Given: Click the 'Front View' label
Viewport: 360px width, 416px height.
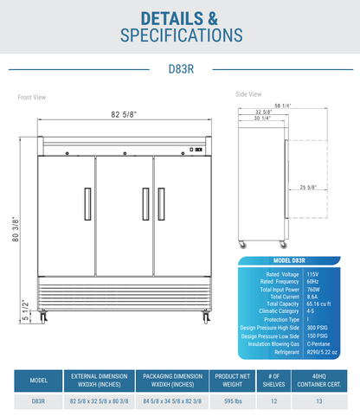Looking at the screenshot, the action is point(32,97).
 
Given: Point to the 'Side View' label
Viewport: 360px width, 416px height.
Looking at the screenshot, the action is point(249,92).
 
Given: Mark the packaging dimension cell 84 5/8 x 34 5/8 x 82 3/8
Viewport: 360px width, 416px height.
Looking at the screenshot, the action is point(166,400).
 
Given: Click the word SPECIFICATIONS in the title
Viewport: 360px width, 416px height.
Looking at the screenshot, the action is point(180,35).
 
